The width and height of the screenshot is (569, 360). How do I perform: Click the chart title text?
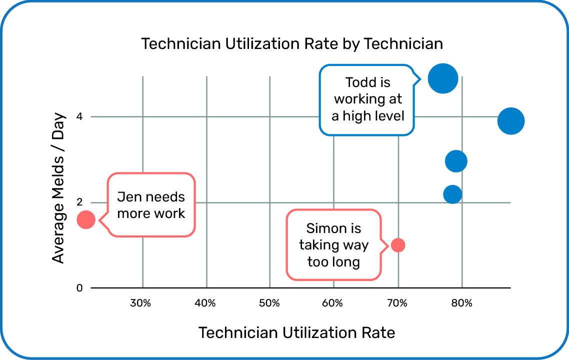point(292,44)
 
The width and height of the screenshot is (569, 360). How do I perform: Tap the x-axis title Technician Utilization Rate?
point(297,332)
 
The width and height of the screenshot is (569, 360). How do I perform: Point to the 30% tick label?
point(140,303)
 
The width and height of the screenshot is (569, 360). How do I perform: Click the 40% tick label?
point(205,303)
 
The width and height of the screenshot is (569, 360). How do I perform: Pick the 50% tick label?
point(269,303)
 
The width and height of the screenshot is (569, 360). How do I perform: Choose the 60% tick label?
point(332,303)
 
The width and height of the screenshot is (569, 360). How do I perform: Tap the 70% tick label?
point(397,303)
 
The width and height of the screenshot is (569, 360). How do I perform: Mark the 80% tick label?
point(461,303)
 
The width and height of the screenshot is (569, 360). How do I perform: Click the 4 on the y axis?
point(79,117)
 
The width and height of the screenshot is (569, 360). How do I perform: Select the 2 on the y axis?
point(79,202)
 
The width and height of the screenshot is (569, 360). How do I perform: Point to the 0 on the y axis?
point(79,288)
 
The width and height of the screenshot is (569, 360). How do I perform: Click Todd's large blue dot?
point(442,78)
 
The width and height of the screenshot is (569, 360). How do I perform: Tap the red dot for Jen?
point(86,219)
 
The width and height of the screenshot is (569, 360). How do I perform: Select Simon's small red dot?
point(398,245)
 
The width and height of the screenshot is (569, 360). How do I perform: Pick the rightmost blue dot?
point(510,121)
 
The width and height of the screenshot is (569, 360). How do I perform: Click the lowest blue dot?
point(452,194)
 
